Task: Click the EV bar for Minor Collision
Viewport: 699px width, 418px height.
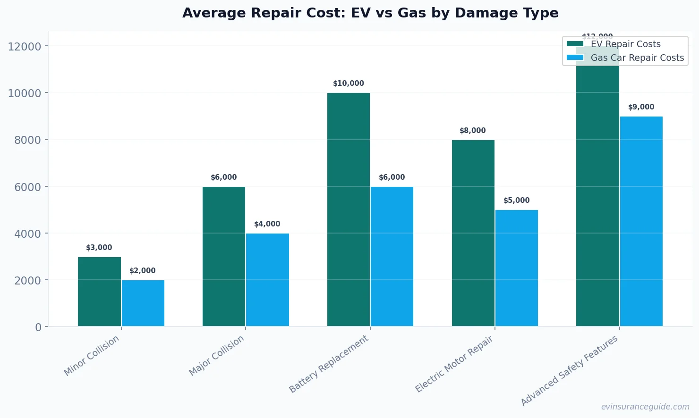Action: coord(99,292)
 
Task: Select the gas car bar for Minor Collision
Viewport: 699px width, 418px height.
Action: coord(143,303)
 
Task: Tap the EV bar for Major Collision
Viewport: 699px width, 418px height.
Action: coord(224,256)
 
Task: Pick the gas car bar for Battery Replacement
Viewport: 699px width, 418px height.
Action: coord(392,256)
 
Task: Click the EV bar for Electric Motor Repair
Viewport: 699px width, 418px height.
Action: coord(473,233)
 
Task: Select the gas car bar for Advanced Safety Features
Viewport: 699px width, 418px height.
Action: coord(641,221)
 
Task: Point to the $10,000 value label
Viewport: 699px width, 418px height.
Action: coord(349,84)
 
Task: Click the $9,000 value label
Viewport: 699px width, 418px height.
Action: coord(641,107)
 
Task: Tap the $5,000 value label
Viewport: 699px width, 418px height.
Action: coord(516,201)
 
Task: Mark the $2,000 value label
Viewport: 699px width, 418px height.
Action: coord(143,271)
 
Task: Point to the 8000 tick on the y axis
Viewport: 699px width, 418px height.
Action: coord(25,140)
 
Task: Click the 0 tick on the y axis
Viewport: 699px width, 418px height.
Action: coord(38,327)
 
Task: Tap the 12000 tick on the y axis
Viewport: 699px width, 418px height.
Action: coord(25,47)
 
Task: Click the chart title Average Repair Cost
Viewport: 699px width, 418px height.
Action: coord(370,13)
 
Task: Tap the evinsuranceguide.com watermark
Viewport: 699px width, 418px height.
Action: coord(645,407)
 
